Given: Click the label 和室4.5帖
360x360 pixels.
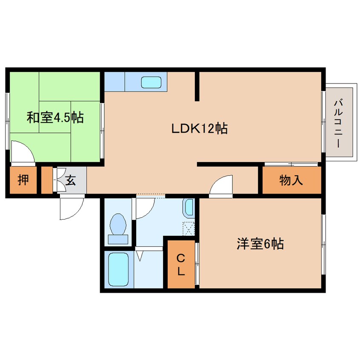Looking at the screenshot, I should coord(55,117).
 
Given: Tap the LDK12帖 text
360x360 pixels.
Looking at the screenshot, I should coord(199,128).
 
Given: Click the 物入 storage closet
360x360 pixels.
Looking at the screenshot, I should coord(291,180).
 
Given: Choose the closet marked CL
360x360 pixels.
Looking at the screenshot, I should coord(180,265).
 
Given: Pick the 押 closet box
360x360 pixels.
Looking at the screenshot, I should coord(23,180).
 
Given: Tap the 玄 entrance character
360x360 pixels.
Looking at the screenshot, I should coord(71,181).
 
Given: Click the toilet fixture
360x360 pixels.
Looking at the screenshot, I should coord(118,228).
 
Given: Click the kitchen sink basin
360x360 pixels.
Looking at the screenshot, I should coord(151,82).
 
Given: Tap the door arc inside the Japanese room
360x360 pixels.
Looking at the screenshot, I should coord(22,152).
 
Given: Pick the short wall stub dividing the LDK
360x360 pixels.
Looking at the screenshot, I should coord(197,86).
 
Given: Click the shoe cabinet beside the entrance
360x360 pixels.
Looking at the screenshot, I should coord(46,180).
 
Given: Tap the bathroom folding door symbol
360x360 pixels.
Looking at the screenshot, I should coord(140,256).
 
